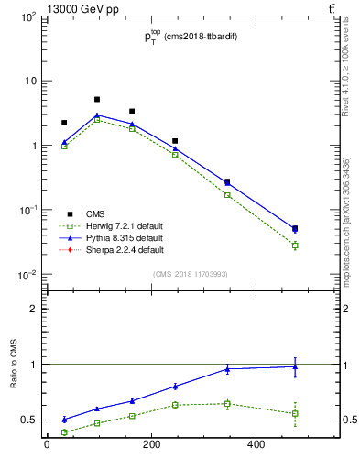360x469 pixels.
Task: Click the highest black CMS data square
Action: pyautogui.click(x=97, y=99)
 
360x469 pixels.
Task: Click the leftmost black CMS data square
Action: pyautogui.click(x=64, y=123)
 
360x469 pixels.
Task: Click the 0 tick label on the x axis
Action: pyautogui.click(x=47, y=446)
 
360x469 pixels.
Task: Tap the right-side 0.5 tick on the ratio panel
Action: pyautogui.click(x=343, y=420)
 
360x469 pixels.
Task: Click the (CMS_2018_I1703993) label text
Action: pyautogui.click(x=191, y=274)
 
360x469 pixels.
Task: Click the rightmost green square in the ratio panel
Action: pyautogui.click(x=295, y=413)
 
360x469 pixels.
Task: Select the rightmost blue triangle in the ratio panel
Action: pyautogui.click(x=295, y=366)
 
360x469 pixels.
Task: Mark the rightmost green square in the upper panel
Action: pyautogui.click(x=295, y=245)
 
